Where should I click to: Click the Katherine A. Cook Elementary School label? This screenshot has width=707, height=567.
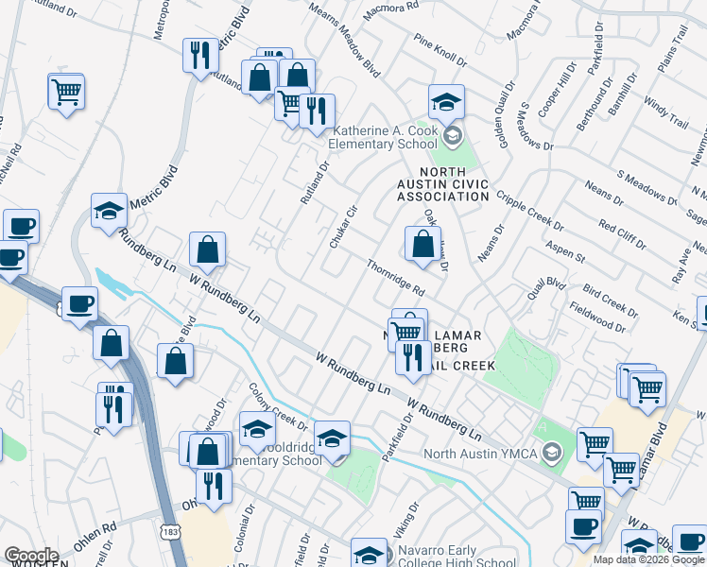tap(386, 137)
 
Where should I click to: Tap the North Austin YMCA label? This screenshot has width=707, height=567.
tap(480, 453)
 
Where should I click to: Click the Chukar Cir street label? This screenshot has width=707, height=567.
tap(342, 228)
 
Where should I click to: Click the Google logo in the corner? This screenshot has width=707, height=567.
tap(31, 556)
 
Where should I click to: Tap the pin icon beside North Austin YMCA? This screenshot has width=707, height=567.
tap(553, 453)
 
